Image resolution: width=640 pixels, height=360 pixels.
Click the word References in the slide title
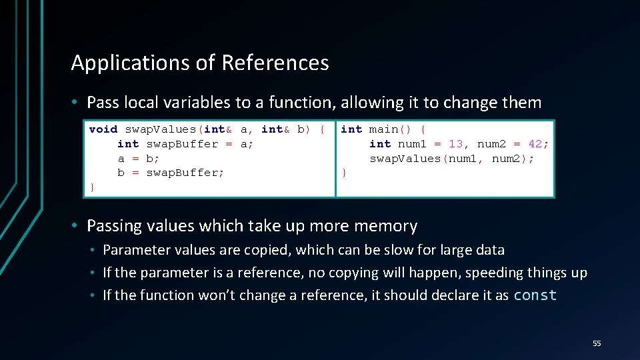click(275, 63)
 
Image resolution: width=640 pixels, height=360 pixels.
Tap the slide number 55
click(597, 343)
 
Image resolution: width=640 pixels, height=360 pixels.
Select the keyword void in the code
click(103, 129)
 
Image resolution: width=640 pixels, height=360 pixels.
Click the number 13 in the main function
click(456, 144)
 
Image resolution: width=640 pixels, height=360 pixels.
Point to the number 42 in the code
click(535, 144)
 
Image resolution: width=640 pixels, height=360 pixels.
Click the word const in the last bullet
click(535, 295)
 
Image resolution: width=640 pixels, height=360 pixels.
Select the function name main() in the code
click(391, 129)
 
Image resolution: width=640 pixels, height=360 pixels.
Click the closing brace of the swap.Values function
click(92, 187)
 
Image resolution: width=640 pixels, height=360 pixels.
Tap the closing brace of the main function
click(344, 173)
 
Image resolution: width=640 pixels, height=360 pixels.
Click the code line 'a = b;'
click(139, 159)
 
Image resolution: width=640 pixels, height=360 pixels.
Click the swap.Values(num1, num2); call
click(452, 159)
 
